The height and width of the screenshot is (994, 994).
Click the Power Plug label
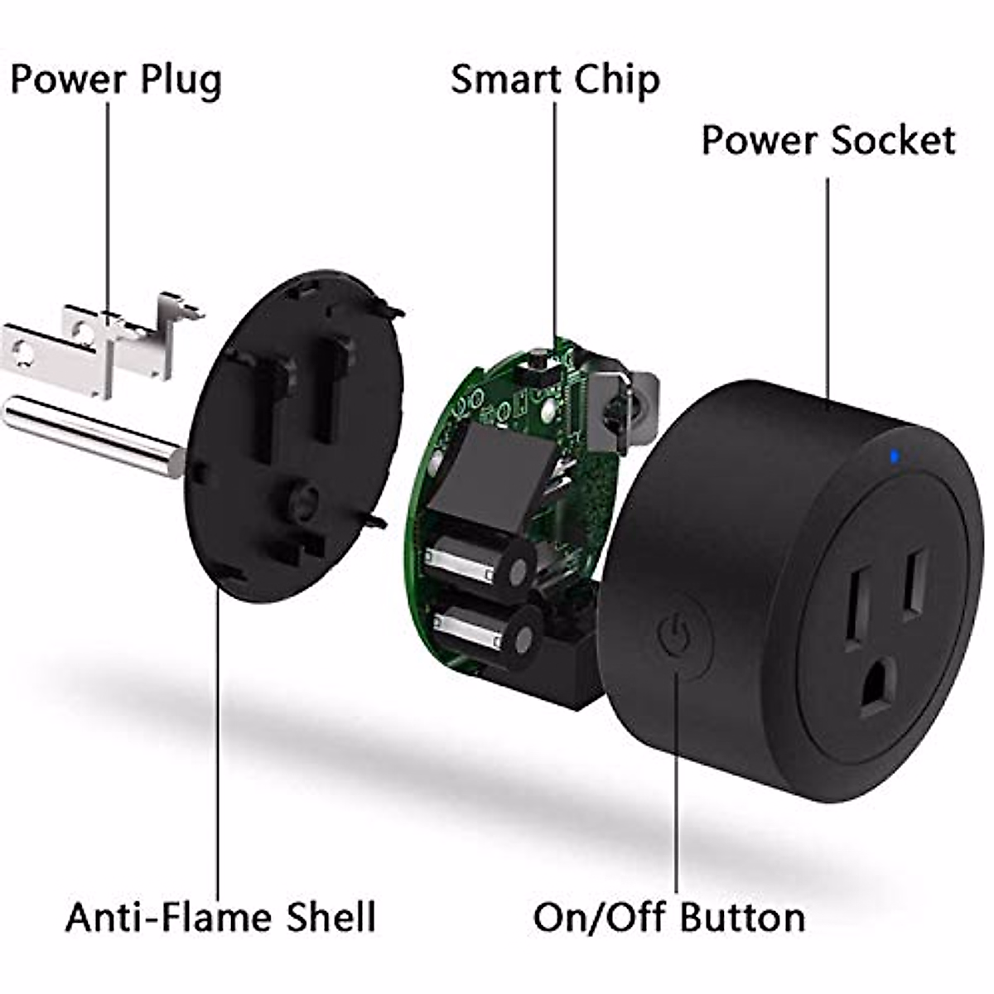click(x=116, y=80)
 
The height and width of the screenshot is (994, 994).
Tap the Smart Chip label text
click(x=555, y=80)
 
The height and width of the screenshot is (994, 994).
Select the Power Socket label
click(x=828, y=140)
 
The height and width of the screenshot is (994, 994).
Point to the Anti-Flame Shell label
click(x=220, y=917)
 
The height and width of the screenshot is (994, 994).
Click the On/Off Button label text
click(x=668, y=917)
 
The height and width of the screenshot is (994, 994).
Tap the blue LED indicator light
click(x=893, y=455)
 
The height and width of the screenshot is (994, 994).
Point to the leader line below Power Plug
click(x=108, y=207)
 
